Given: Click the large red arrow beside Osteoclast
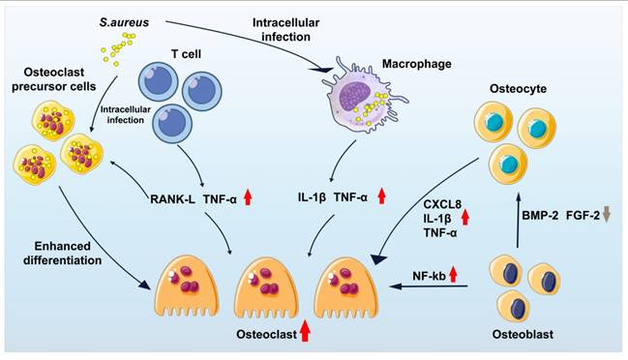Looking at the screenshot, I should pyautogui.click(x=305, y=333).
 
